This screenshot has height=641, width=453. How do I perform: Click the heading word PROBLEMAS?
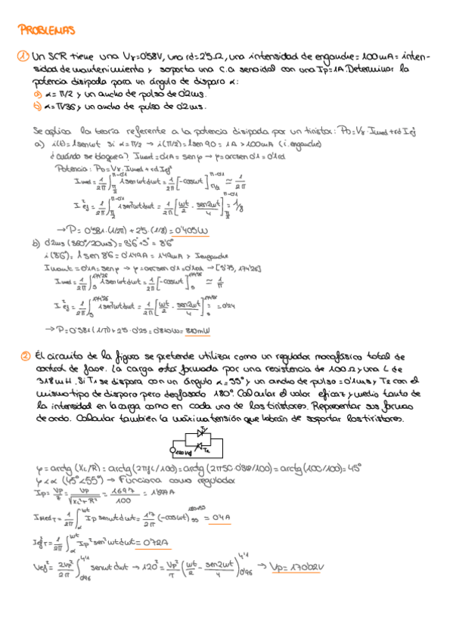point(46,31)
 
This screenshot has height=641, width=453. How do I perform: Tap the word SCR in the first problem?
point(57,56)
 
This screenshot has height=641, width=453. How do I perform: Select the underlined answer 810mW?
point(199,330)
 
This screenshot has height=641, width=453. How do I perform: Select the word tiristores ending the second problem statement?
point(382,419)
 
